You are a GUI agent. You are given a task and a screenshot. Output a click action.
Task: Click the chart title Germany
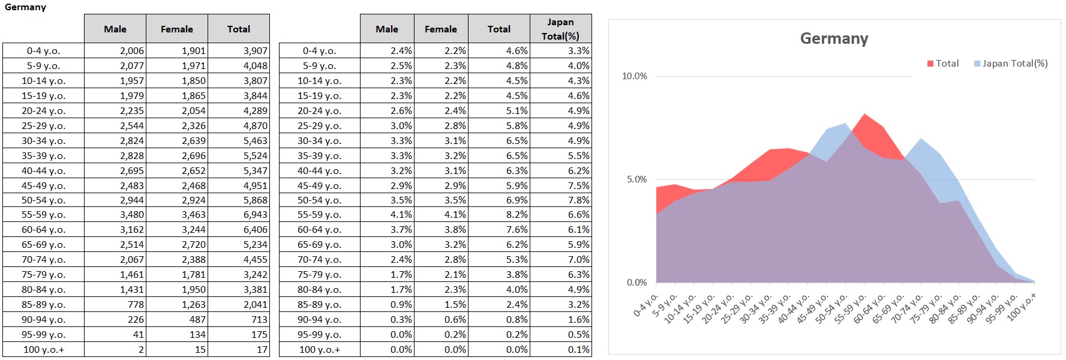pos(834,38)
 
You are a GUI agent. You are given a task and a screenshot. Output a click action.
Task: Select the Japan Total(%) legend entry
pos(1011,64)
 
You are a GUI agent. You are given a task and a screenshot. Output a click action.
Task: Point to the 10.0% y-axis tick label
pos(634,76)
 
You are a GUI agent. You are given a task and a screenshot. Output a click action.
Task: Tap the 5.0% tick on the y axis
pos(636,179)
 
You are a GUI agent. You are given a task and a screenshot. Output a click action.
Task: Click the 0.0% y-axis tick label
pos(636,283)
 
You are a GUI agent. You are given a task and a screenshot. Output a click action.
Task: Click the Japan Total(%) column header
pos(560,29)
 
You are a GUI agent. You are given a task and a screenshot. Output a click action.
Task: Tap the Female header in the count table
pos(176,29)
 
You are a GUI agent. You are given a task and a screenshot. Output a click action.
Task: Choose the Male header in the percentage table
pos(386,29)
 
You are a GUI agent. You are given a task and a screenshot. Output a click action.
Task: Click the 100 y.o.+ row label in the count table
pos(43,350)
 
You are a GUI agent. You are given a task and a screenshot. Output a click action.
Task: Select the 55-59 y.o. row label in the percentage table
pos(319,215)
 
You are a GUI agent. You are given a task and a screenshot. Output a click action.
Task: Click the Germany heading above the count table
pos(25,7)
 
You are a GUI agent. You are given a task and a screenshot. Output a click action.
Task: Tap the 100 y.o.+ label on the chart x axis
pos(1022,306)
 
